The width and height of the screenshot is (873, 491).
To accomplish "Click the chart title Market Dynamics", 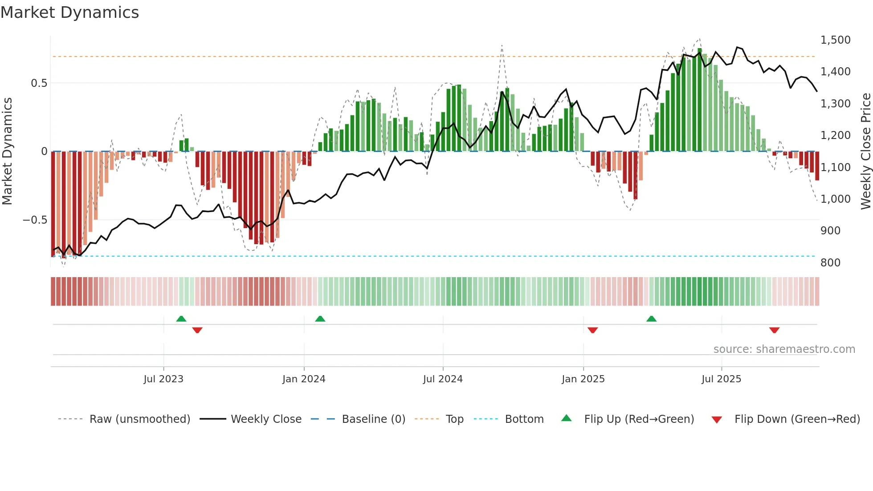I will pos(69,12).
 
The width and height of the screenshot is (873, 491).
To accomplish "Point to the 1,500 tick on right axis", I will pos(835,40).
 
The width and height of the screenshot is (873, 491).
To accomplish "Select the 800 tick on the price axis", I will pos(830,263).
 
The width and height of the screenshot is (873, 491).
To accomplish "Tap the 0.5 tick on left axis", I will pos(39,83).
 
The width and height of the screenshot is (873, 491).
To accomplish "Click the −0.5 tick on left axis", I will pos(35,220).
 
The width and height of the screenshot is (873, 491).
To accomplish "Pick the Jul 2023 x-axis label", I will pos(163,379).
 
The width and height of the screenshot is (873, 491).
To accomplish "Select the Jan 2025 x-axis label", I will pos(583,379).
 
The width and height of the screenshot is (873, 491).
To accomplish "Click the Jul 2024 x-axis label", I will pos(443,379).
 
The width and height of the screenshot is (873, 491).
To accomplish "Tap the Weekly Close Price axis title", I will pos(865,151).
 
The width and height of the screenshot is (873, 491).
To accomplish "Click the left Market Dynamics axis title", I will pos(7,151).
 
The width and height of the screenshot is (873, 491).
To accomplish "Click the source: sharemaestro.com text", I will pos(784,349).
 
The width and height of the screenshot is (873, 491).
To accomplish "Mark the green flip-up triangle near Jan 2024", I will pos(320,319).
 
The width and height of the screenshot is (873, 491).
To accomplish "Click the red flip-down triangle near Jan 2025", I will pos(592,330).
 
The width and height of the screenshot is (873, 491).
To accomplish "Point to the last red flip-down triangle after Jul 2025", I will pos(774,330).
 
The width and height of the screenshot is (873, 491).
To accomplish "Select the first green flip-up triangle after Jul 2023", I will pos(181,319).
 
